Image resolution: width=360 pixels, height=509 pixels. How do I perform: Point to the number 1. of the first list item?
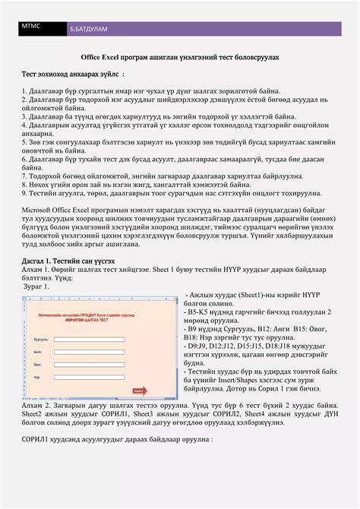coord(25,90)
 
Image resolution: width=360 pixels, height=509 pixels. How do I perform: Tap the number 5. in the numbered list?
coord(25,144)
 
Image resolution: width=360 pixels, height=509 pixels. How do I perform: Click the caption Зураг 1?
coord(39,286)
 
